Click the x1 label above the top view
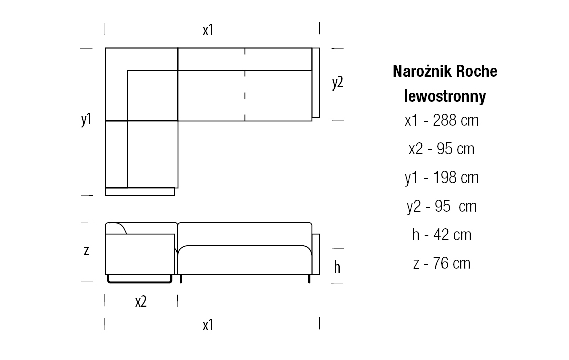208,30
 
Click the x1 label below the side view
208,325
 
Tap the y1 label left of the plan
86,119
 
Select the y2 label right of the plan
337,83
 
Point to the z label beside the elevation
86,251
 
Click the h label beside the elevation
337,267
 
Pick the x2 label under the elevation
141,302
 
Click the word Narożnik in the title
422,71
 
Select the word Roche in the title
477,71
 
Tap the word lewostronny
445,97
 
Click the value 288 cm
456,120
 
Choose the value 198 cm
456,177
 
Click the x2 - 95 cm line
442,149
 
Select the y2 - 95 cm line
442,207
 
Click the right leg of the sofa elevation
309,279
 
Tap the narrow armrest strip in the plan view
316,83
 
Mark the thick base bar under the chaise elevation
140,281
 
